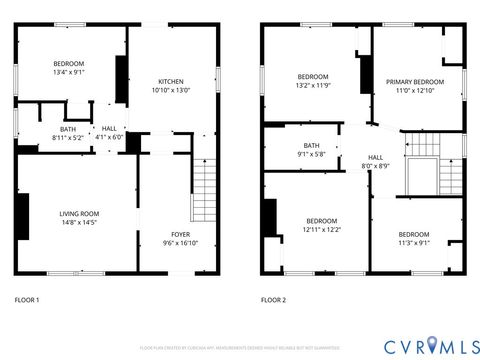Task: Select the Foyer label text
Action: (180, 234)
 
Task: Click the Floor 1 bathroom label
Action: (68, 129)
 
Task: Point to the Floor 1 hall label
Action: (108, 129)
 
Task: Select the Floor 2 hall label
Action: (375, 157)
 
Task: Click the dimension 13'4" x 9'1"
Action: (69, 71)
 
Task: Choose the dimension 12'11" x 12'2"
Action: (321, 230)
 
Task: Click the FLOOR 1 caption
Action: (27, 300)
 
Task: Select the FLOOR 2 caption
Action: (273, 300)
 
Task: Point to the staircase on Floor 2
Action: (422, 164)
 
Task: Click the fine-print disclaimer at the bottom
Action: (240, 347)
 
